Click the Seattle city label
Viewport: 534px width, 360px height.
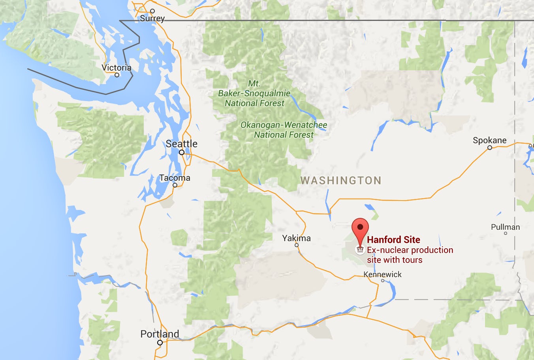181,144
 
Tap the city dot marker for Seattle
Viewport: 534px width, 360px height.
182,152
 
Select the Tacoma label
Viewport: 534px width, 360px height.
175,178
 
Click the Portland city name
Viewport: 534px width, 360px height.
160,334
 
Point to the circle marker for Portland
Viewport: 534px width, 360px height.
160,343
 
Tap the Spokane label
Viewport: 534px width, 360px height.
489,140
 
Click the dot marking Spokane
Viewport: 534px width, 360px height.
490,148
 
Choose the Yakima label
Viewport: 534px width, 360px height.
296,238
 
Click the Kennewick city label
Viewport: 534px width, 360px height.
382,274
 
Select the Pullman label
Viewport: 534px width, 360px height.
505,227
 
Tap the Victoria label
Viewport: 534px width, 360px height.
117,67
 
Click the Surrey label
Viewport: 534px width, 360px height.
152,18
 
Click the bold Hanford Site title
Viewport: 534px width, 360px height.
393,240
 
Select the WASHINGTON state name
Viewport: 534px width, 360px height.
341,181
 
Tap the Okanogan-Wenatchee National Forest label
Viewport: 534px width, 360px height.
284,130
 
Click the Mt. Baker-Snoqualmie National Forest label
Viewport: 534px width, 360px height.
254,94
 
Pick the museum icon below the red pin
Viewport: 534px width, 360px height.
360,250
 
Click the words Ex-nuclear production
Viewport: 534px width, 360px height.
410,250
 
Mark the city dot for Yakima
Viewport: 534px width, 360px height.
297,245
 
